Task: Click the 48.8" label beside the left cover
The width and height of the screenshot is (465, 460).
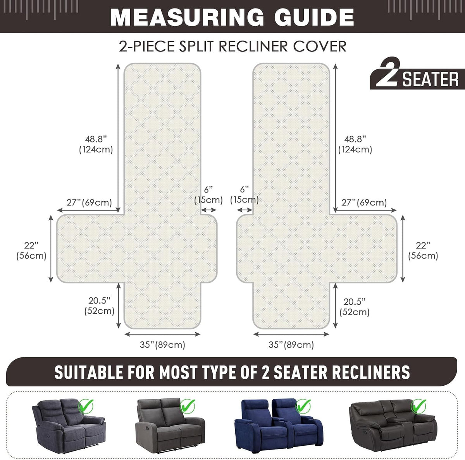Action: [96, 139]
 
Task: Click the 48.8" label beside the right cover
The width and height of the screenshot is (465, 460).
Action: [355, 139]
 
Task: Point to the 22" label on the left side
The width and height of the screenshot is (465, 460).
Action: [31, 245]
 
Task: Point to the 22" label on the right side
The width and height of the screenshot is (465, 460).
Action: [423, 245]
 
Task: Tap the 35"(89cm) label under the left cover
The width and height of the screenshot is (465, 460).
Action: [162, 345]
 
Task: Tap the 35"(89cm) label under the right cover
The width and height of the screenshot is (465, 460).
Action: [291, 345]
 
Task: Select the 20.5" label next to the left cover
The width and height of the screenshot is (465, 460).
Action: [99, 300]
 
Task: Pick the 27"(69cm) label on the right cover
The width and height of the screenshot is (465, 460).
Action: [364, 203]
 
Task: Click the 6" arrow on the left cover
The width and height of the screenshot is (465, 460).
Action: [208, 210]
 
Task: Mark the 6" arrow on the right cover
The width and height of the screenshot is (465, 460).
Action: [245, 210]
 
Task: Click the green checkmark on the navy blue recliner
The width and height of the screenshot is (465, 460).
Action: [303, 406]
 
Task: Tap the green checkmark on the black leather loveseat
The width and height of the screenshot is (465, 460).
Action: [419, 406]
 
